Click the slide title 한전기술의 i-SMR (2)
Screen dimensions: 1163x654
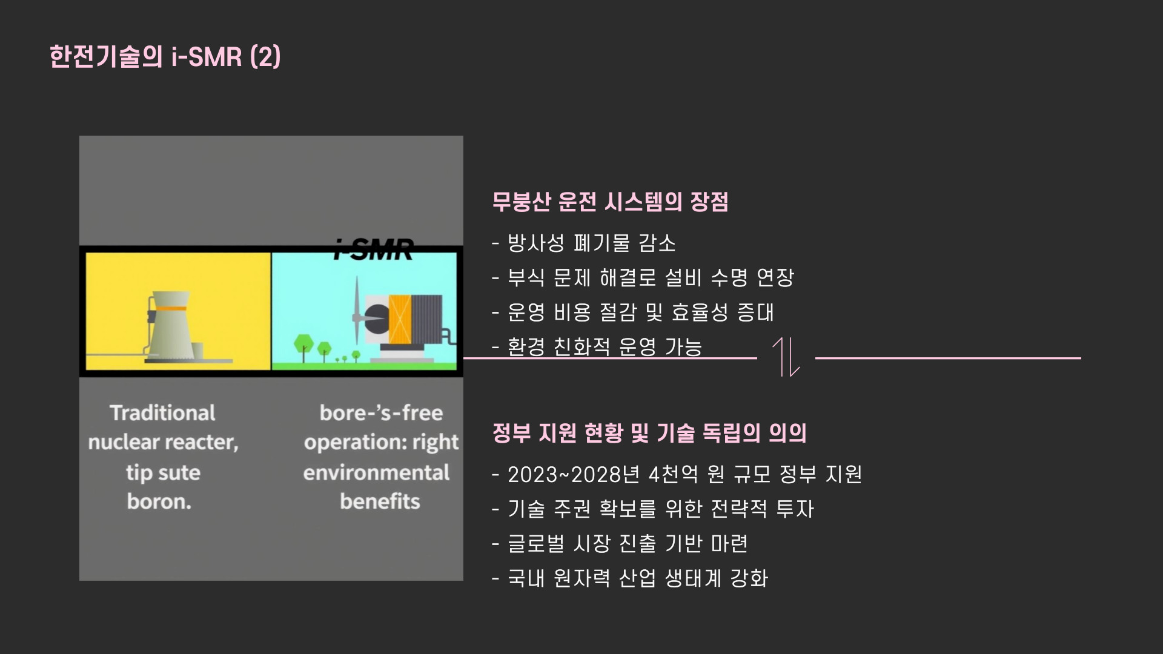coord(165,57)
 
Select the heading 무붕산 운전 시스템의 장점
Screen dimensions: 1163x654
coord(609,202)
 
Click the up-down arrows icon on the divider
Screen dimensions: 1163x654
coord(786,357)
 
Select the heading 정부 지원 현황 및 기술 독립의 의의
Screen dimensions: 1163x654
coord(649,433)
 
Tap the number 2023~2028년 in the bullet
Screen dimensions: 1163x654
coord(574,474)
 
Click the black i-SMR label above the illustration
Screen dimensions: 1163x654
coord(374,249)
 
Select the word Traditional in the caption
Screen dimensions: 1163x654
coord(162,413)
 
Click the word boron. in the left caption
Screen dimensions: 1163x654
coord(159,501)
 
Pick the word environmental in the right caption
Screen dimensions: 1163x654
coord(376,472)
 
